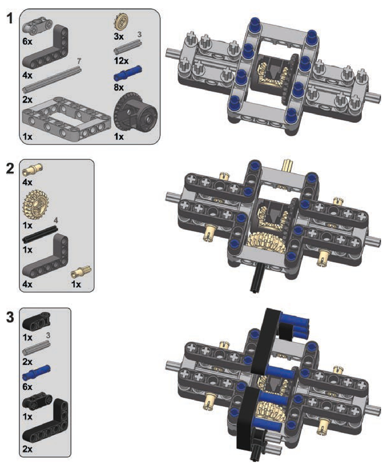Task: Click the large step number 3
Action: pos(10,317)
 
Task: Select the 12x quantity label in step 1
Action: pos(121,61)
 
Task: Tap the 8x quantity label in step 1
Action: pos(119,87)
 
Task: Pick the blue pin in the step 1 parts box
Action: pos(128,73)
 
